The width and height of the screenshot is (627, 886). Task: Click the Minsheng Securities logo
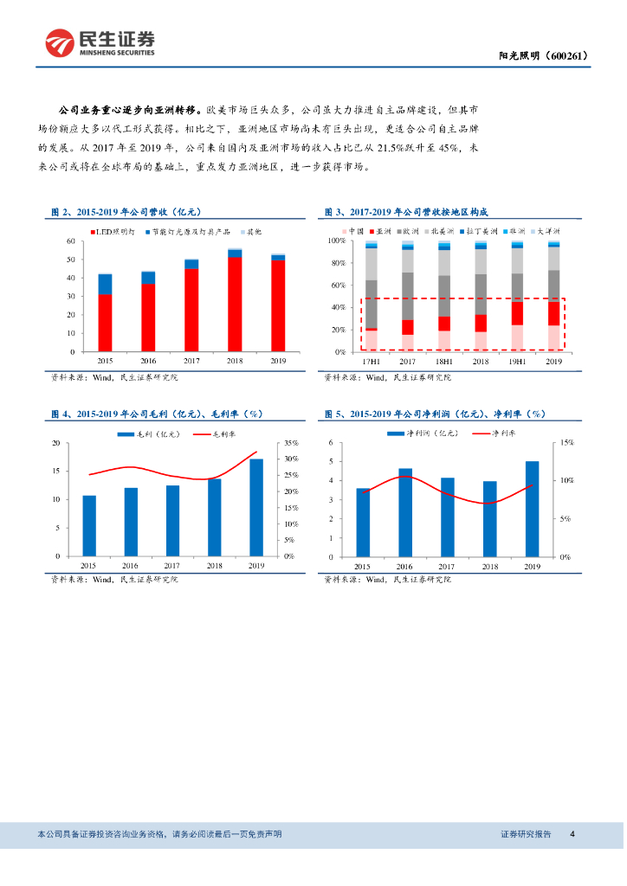[100, 41]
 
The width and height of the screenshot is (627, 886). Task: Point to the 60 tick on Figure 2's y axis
[70, 240]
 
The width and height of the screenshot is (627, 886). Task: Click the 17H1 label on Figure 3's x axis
[371, 360]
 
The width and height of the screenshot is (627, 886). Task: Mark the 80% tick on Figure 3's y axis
[337, 263]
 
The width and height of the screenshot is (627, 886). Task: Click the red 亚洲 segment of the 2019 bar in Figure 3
[553, 313]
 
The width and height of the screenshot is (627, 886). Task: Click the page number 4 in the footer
[572, 834]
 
